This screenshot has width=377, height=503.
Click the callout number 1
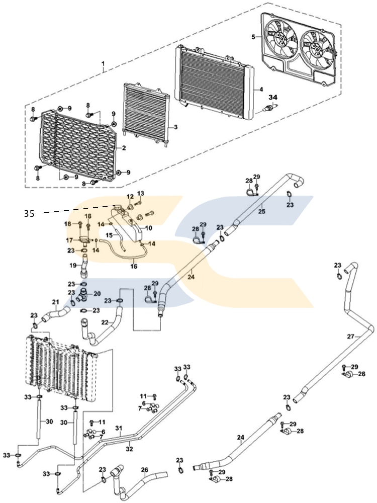[103, 64]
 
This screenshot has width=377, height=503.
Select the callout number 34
[272, 97]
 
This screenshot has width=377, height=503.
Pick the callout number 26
[144, 471]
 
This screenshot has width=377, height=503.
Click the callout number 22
[104, 322]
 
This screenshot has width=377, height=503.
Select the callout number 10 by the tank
[148, 228]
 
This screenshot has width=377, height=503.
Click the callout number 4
[261, 89]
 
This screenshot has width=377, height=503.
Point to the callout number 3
[175, 127]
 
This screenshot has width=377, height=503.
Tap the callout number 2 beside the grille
[124, 149]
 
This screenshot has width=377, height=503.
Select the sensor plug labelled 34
[272, 109]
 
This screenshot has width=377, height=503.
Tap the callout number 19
[72, 265]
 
